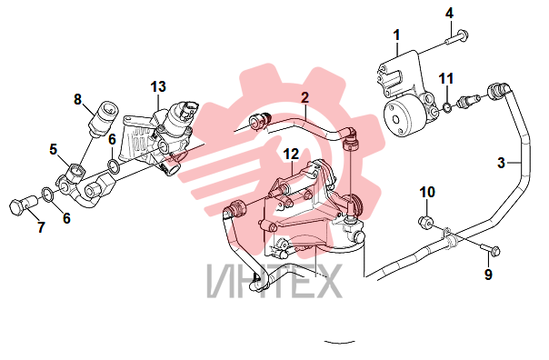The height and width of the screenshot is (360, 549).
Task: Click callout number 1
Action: [x=396, y=35]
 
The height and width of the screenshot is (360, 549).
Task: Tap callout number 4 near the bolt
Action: [x=449, y=14]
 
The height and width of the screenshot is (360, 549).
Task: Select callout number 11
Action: [x=446, y=78]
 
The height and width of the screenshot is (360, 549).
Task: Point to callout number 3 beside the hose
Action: [x=502, y=163]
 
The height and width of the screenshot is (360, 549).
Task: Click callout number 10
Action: [x=427, y=192]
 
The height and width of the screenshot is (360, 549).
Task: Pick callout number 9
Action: [x=488, y=274]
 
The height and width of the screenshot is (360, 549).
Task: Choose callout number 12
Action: [x=291, y=154]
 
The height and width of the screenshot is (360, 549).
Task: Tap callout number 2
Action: [x=305, y=97]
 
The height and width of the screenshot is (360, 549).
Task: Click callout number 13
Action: [x=158, y=86]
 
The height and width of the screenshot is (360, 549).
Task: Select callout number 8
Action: [x=77, y=99]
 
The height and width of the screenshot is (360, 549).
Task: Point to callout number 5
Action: [x=53, y=149]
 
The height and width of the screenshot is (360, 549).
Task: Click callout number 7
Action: [x=41, y=227]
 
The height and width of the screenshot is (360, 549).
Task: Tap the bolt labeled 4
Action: [x=457, y=38]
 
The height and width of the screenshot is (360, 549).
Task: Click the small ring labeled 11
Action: [x=447, y=108]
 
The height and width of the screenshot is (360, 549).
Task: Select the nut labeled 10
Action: [x=426, y=223]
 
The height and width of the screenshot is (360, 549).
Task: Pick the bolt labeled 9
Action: [x=491, y=250]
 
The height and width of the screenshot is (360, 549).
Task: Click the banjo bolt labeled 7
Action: [x=23, y=205]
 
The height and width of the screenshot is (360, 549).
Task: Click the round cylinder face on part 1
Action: [x=395, y=119]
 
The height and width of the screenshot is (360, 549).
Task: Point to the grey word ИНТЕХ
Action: [x=274, y=281]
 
